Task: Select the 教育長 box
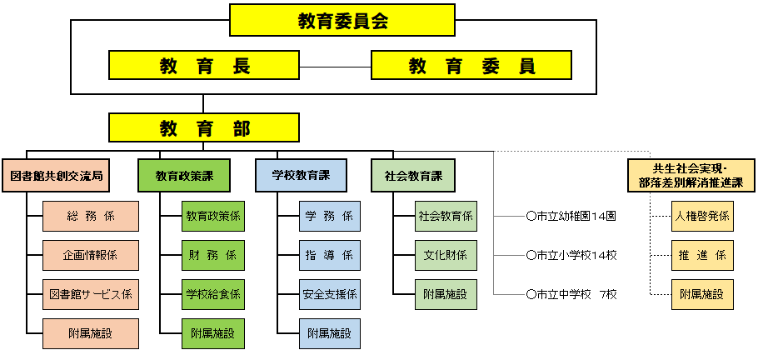pyautogui.click(x=204, y=65)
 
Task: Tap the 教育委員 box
pyautogui.click(x=471, y=65)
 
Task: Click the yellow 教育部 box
pyautogui.click(x=204, y=127)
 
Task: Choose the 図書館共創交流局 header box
pyautogui.click(x=57, y=176)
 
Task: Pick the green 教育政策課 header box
pyautogui.click(x=185, y=176)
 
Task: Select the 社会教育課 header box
pyautogui.click(x=413, y=176)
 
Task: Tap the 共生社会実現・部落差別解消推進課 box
pyautogui.click(x=685, y=176)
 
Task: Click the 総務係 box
pyautogui.click(x=91, y=216)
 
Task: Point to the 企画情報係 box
pyautogui.click(x=91, y=254)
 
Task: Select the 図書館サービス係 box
pyautogui.click(x=91, y=293)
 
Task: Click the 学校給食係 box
pyautogui.click(x=213, y=293)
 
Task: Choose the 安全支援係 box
pyautogui.click(x=330, y=293)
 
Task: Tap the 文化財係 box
pyautogui.click(x=446, y=254)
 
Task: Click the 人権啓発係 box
pyautogui.click(x=702, y=216)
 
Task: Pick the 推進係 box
pyautogui.click(x=702, y=254)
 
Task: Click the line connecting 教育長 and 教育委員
pyautogui.click(x=335, y=65)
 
